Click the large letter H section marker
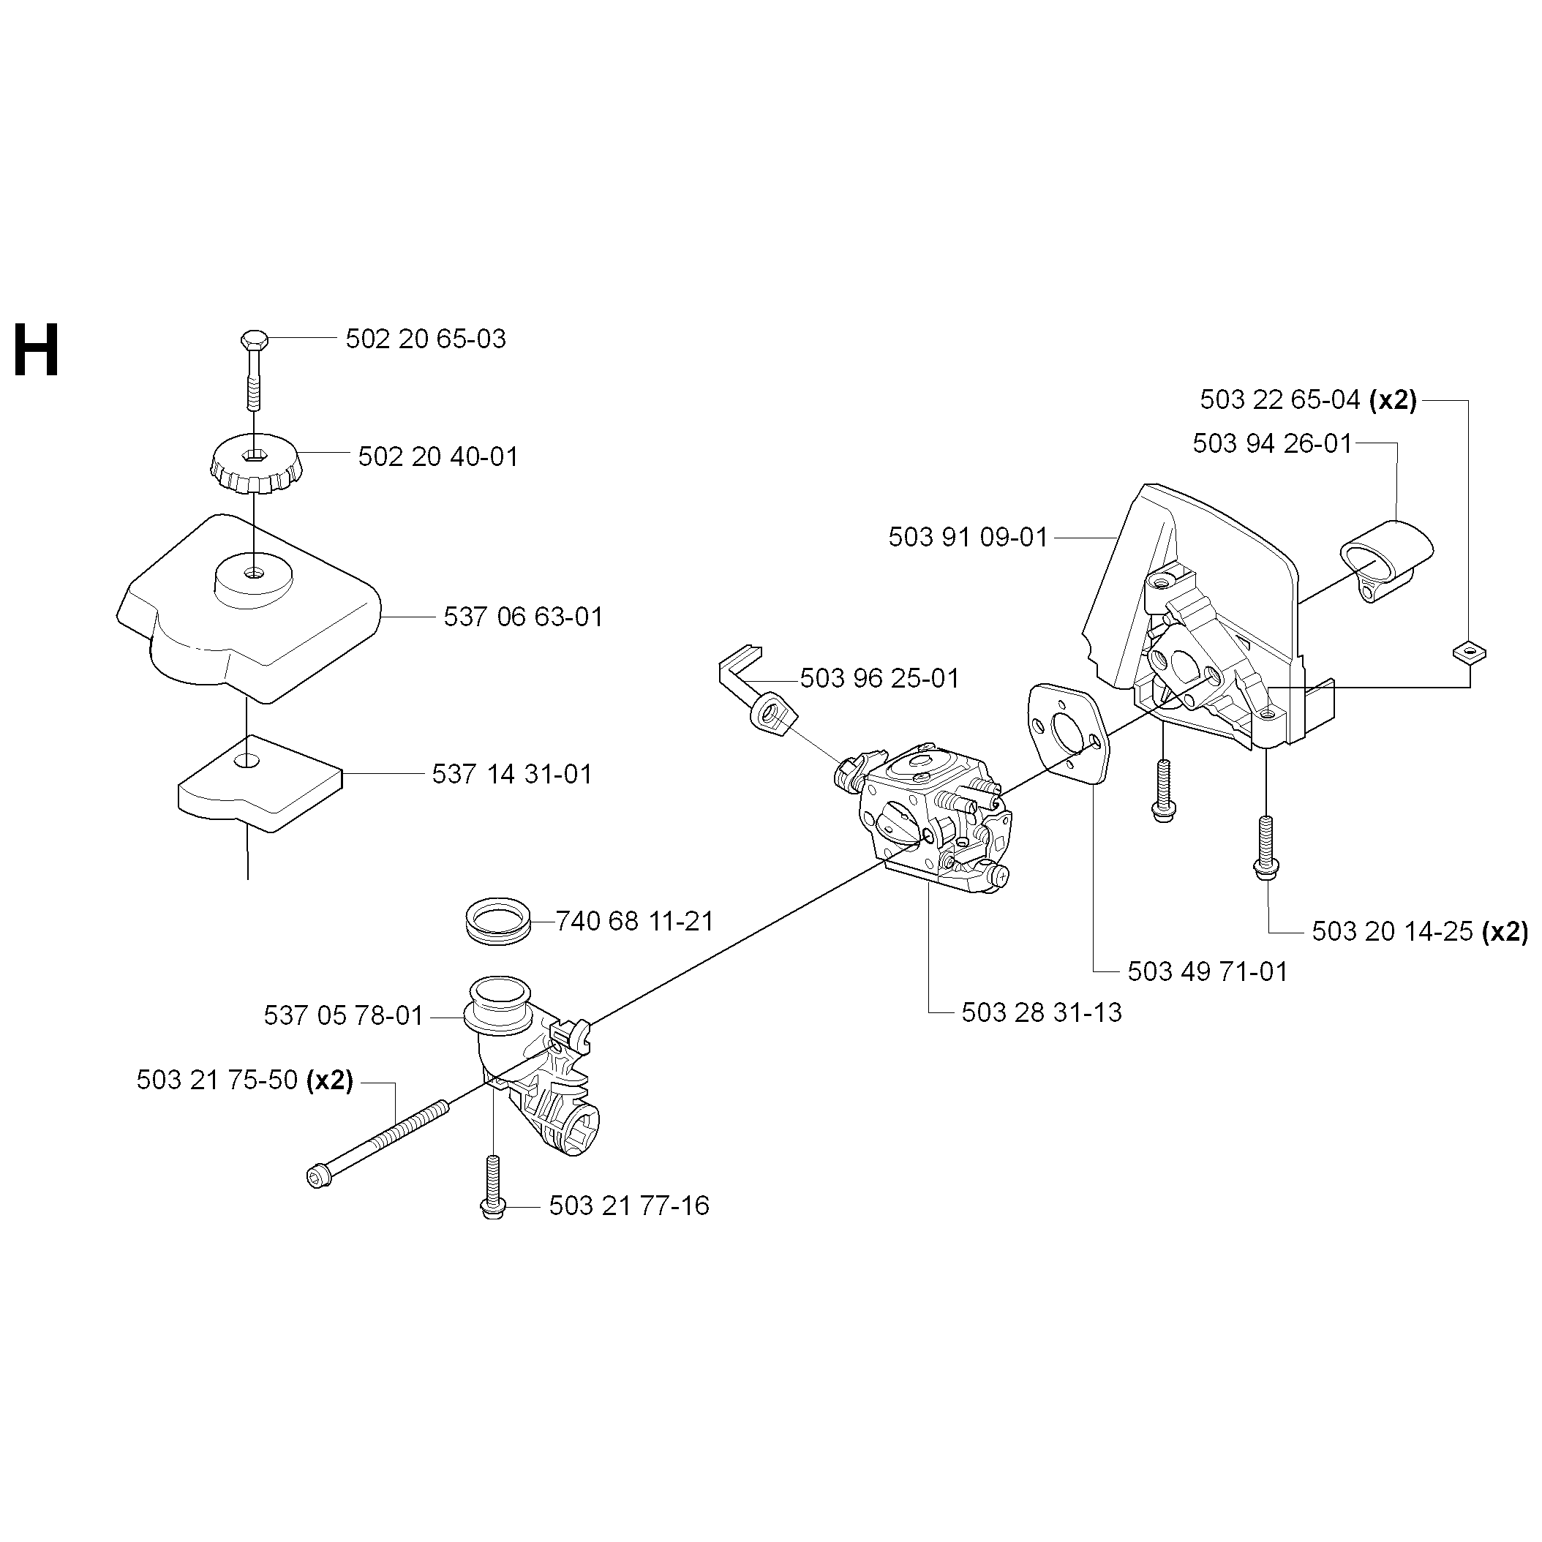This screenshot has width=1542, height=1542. click(x=37, y=350)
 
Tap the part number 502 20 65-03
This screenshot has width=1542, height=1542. click(x=426, y=339)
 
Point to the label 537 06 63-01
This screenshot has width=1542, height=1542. click(x=523, y=617)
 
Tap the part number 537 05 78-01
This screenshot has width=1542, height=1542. click(x=343, y=1015)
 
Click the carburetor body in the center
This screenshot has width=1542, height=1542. click(x=934, y=815)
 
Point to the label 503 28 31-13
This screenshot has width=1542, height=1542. click(x=1042, y=1012)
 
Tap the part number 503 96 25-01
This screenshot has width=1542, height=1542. click(x=879, y=678)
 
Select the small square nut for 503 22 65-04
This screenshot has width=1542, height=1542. click(x=1469, y=653)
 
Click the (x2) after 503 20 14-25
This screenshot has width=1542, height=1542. click(x=1505, y=931)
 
